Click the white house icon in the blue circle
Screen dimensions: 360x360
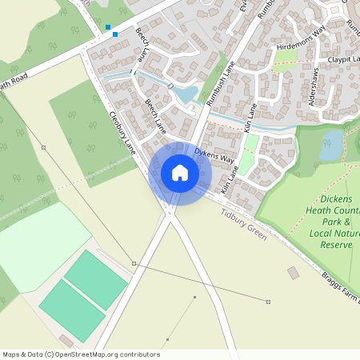(x=180, y=172)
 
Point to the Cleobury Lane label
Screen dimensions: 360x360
(x=122, y=132)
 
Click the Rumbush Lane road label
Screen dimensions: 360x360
(x=217, y=82)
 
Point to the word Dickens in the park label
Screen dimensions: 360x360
(x=340, y=198)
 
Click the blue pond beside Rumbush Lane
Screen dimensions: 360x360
(x=185, y=96)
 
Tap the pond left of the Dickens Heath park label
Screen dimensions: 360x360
(x=330, y=148)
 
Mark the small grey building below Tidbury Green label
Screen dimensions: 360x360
(x=293, y=273)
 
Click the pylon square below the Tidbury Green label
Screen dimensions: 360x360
(x=268, y=302)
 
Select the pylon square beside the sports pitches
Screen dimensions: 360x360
(x=134, y=263)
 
